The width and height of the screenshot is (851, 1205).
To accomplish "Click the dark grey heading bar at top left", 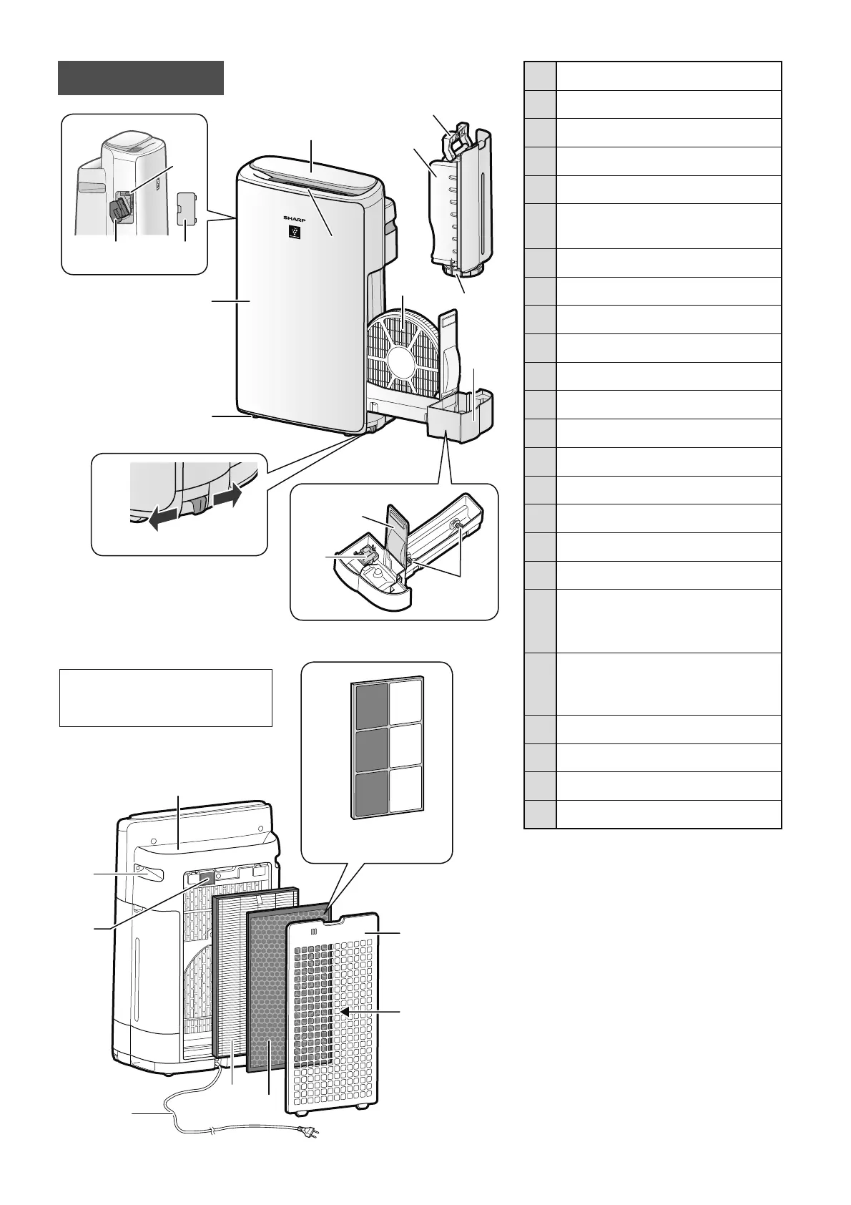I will point(141,78).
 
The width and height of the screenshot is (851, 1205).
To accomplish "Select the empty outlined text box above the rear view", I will point(165,698).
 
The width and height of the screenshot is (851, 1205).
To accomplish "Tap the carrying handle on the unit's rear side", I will point(149,874).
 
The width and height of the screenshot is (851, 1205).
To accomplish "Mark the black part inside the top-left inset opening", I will point(119,210).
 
